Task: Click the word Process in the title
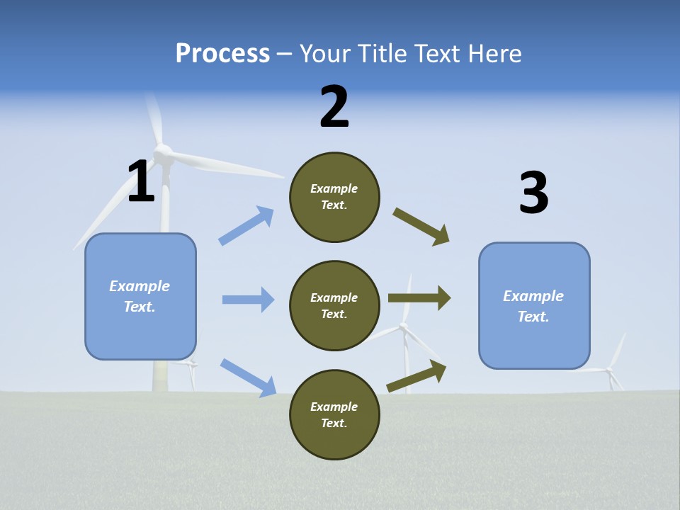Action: [x=222, y=53]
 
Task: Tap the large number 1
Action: [x=141, y=181]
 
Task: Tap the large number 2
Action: [x=334, y=107]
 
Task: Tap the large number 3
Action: [x=533, y=193]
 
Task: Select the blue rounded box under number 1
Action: [x=140, y=296]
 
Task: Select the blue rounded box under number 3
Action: [x=534, y=305]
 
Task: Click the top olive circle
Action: [x=334, y=197]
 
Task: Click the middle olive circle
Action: [x=334, y=305]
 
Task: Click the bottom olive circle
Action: [x=334, y=414]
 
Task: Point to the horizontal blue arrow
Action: [x=248, y=300]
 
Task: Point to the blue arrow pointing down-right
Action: [x=248, y=378]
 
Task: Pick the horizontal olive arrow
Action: [x=419, y=298]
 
